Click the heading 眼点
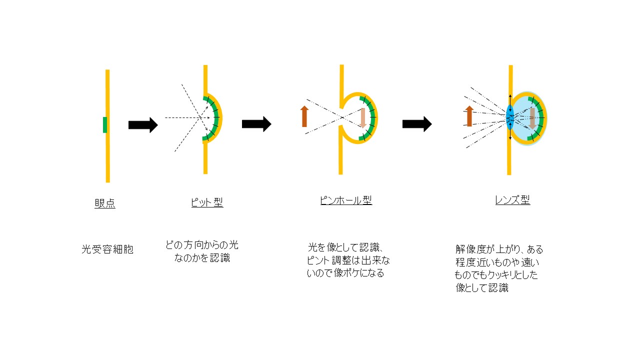coord(105,203)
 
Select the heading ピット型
coord(207,202)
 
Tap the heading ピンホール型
coord(346,200)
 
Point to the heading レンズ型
coord(512,199)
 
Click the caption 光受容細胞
coord(107,249)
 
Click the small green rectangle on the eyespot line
coord(105,125)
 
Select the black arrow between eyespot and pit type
coord(143,125)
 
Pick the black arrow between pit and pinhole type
coord(256,124)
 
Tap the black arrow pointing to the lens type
coord(417,124)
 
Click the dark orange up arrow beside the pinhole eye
coord(304,116)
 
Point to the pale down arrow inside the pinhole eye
coord(363,117)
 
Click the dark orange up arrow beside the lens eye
coord(469,116)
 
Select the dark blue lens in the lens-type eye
coord(510,117)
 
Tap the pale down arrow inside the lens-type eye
coord(532,118)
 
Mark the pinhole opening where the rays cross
coord(341,117)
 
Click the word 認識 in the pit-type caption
coord(219,257)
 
